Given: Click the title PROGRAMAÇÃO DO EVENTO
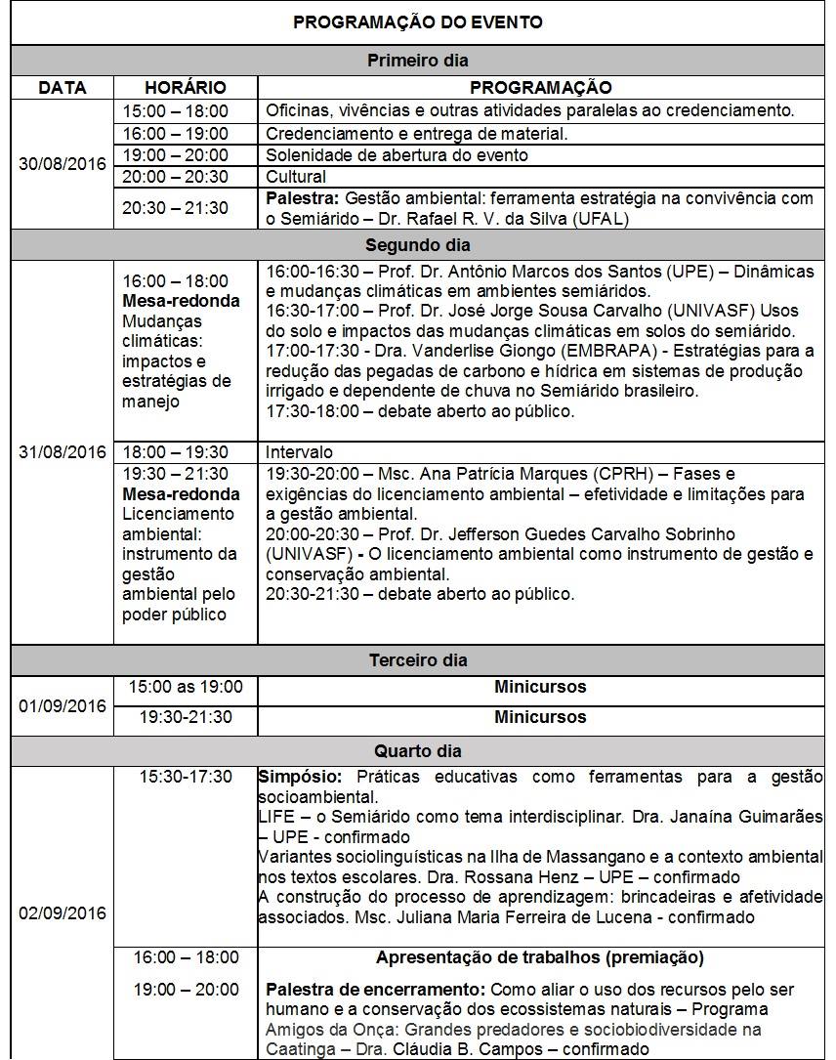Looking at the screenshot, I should pyautogui.click(x=418, y=22).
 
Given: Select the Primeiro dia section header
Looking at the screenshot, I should pyautogui.click(x=418, y=61).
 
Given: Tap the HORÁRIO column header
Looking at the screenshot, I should pyautogui.click(x=186, y=88).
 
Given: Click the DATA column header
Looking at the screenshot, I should pyautogui.click(x=63, y=88).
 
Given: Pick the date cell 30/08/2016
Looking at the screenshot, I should pyautogui.click(x=63, y=163).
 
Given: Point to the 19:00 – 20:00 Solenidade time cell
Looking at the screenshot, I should pyautogui.click(x=176, y=155).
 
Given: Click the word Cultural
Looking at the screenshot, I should pyautogui.click(x=296, y=177).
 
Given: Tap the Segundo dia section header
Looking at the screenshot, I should pyautogui.click(x=418, y=244).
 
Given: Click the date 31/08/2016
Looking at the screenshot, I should pyautogui.click(x=63, y=452).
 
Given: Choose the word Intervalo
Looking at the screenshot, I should pyautogui.click(x=299, y=452).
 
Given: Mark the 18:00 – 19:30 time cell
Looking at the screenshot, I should pyautogui.click(x=176, y=452).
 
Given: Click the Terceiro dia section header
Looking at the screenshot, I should pyautogui.click(x=418, y=659).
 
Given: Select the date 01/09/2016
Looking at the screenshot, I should pyautogui.click(x=63, y=705).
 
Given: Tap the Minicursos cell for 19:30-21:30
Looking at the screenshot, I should pyautogui.click(x=540, y=717).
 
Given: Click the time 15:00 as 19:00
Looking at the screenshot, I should pyautogui.click(x=186, y=687).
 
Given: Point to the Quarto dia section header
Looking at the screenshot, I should pyautogui.click(x=418, y=751).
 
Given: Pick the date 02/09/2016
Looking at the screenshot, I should pyautogui.click(x=63, y=913).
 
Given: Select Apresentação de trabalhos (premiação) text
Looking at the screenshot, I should pyautogui.click(x=540, y=957).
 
